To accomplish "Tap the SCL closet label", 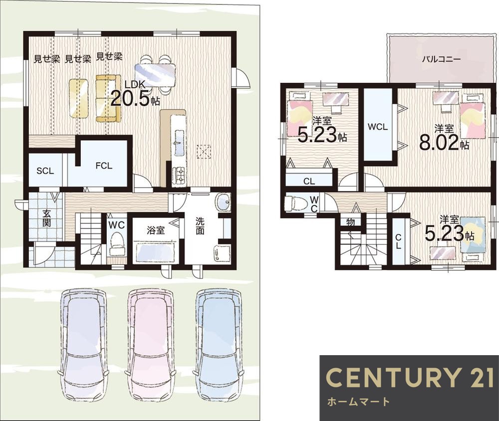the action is pos(45,171).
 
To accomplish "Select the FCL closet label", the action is pos(104,166).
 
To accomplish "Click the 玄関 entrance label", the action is pos(46,218).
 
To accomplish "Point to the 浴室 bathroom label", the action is pos(156,230).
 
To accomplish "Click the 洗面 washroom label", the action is pos(200,225).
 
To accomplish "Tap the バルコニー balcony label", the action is pos(442,59).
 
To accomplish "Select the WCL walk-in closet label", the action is pos(378,127).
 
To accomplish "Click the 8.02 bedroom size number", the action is pos(439,143).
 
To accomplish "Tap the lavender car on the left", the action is pos(83,346).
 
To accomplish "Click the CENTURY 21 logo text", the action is pos(409,377).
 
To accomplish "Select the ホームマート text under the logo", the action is pos(358,402).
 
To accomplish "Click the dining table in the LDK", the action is pos(155,75).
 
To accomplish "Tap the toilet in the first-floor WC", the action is pos(116,244).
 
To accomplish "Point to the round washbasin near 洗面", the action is pos(224,202).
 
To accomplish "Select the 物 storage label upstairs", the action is pos(350,222).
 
